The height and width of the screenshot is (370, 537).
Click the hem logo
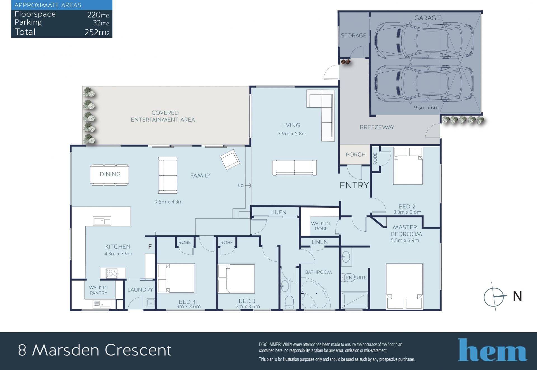(x=492, y=350)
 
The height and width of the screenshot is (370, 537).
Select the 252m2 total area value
(x=97, y=32)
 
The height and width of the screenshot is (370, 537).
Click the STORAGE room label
(x=353, y=35)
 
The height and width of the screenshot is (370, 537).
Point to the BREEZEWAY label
(x=377, y=127)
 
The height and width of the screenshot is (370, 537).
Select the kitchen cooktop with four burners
(x=111, y=273)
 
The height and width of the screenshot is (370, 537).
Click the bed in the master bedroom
(x=404, y=286)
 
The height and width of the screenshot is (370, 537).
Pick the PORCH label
(x=355, y=155)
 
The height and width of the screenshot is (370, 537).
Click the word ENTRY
(x=354, y=185)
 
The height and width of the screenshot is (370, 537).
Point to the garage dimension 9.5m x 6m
(x=426, y=107)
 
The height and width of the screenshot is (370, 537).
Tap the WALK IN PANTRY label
(x=98, y=290)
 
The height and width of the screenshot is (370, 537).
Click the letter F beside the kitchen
(x=150, y=246)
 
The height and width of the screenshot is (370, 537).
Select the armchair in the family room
(x=230, y=160)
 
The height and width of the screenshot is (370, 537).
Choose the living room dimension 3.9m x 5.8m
(x=292, y=134)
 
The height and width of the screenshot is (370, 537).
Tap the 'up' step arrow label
(x=240, y=185)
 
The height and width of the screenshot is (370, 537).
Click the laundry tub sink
(x=151, y=303)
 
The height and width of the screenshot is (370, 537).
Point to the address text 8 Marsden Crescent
(x=95, y=350)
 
